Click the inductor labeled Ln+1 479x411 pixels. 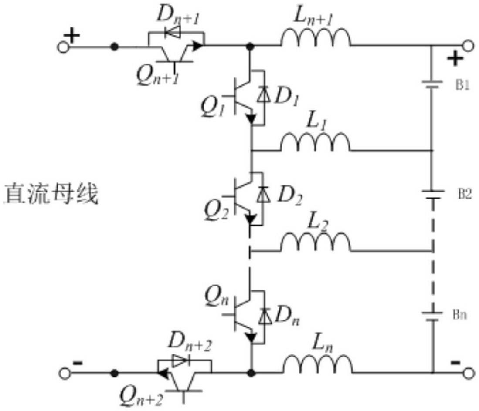pos(316,38)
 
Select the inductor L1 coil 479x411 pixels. pos(316,142)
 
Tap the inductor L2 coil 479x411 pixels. pos(316,243)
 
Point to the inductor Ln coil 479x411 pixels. pos(318,364)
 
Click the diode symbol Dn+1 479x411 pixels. pos(173,32)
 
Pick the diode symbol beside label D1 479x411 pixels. pos(264,94)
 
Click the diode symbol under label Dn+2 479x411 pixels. pos(180,361)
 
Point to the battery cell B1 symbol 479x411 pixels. pos(432,84)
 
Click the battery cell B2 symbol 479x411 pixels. pos(432,195)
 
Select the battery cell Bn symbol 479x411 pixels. pos(432,316)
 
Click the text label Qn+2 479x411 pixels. pos(141,396)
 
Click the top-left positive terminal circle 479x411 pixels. pos(63,47)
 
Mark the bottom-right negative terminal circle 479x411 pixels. pos(469,373)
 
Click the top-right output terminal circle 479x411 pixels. pos(468,46)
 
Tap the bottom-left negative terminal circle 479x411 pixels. pos(64,373)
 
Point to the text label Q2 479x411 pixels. pos(216,211)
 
